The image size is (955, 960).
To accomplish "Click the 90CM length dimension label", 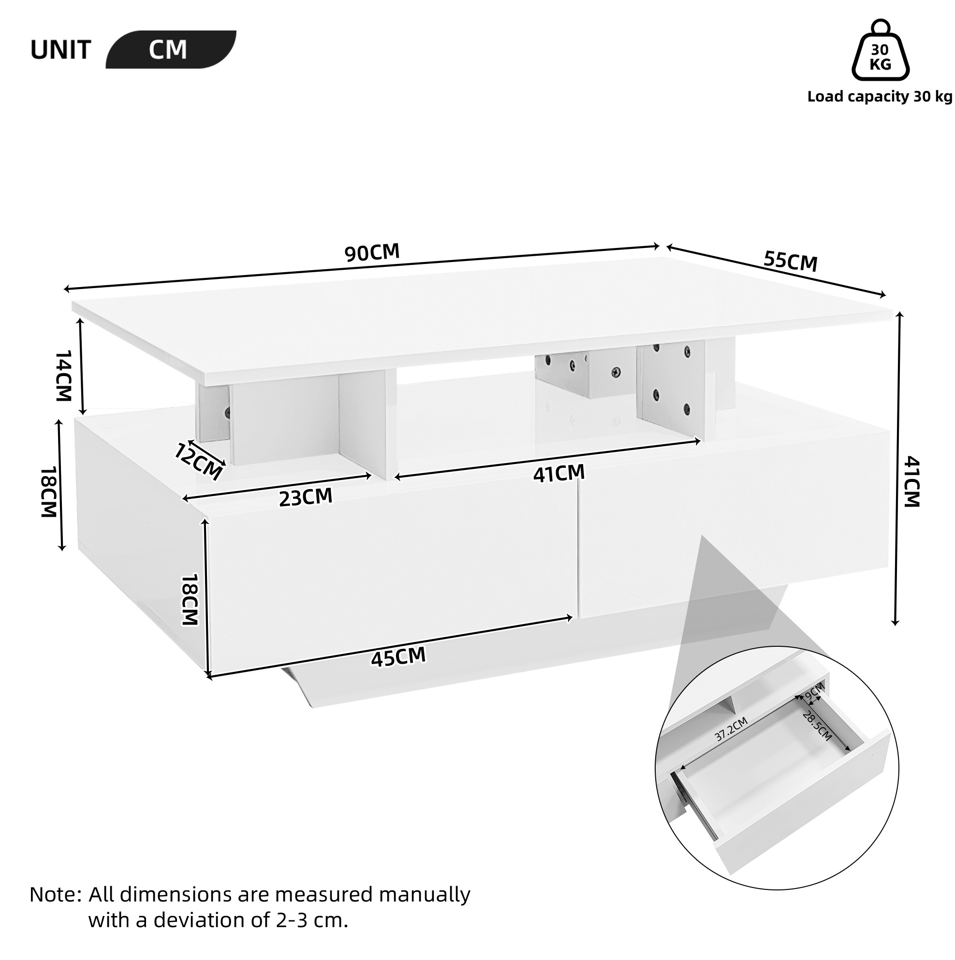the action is [x=372, y=252].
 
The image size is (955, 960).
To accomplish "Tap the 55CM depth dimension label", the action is [x=791, y=262].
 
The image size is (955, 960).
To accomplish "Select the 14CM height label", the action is [x=64, y=375].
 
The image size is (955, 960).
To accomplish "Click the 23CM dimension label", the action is [x=305, y=497].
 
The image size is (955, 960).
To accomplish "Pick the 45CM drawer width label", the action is [x=398, y=657].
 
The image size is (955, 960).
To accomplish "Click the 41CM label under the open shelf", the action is [x=559, y=473].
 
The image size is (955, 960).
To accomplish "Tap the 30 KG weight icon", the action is [x=881, y=50].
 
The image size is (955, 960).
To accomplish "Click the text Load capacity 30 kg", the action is [x=880, y=96].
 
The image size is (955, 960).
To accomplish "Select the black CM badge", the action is [x=171, y=50].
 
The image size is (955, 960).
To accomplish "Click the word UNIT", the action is [x=60, y=50].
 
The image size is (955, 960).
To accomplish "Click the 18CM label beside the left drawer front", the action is [x=190, y=600].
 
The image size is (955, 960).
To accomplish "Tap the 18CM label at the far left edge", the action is [x=49, y=492].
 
